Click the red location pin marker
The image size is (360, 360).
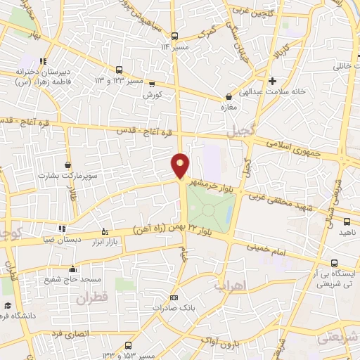181,165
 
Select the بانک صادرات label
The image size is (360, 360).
175,308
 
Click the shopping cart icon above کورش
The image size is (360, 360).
150,83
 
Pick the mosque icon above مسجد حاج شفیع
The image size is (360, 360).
72,269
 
